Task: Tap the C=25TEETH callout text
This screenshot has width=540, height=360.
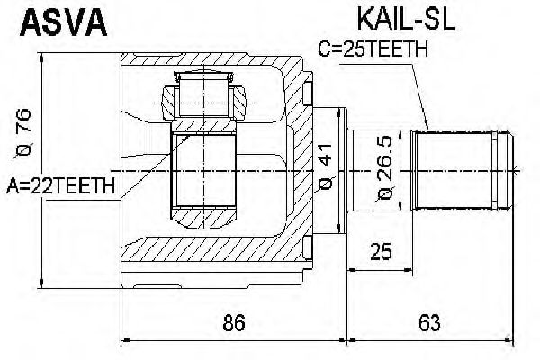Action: coord(372,50)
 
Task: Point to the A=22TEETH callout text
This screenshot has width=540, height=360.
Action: coord(60,186)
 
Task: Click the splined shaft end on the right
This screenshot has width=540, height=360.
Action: coord(459,169)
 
